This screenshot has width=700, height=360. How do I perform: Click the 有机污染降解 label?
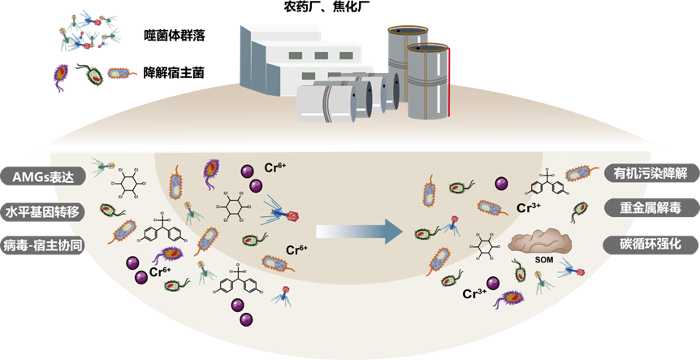point(646,173)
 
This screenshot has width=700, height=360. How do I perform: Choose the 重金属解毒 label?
point(646,208)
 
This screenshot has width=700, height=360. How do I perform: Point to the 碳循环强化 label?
point(646,243)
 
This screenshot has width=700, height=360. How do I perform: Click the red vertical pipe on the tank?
point(448,81)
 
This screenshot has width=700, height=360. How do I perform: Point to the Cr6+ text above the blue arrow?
point(296,249)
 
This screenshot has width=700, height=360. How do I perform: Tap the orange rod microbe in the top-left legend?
point(121,74)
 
